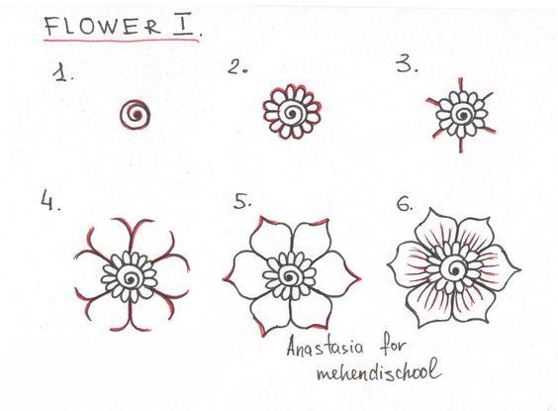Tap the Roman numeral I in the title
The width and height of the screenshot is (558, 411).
(185, 26)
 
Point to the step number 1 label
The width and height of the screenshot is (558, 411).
(62, 73)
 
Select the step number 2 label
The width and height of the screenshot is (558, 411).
(237, 66)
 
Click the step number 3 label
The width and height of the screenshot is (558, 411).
(407, 64)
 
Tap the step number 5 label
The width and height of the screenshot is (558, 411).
(242, 201)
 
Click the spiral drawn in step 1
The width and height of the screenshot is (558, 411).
(136, 115)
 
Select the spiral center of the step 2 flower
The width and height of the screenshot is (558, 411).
(292, 113)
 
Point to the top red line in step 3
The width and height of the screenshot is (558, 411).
(460, 85)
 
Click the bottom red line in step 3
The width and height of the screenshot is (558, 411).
(461, 145)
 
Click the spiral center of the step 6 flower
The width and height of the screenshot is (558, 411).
(454, 270)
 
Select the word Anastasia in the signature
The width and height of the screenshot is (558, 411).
(325, 346)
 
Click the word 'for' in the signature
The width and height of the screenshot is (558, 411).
(393, 346)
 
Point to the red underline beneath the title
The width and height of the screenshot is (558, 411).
(122, 41)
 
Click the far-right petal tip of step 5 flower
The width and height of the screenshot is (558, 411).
(360, 279)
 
